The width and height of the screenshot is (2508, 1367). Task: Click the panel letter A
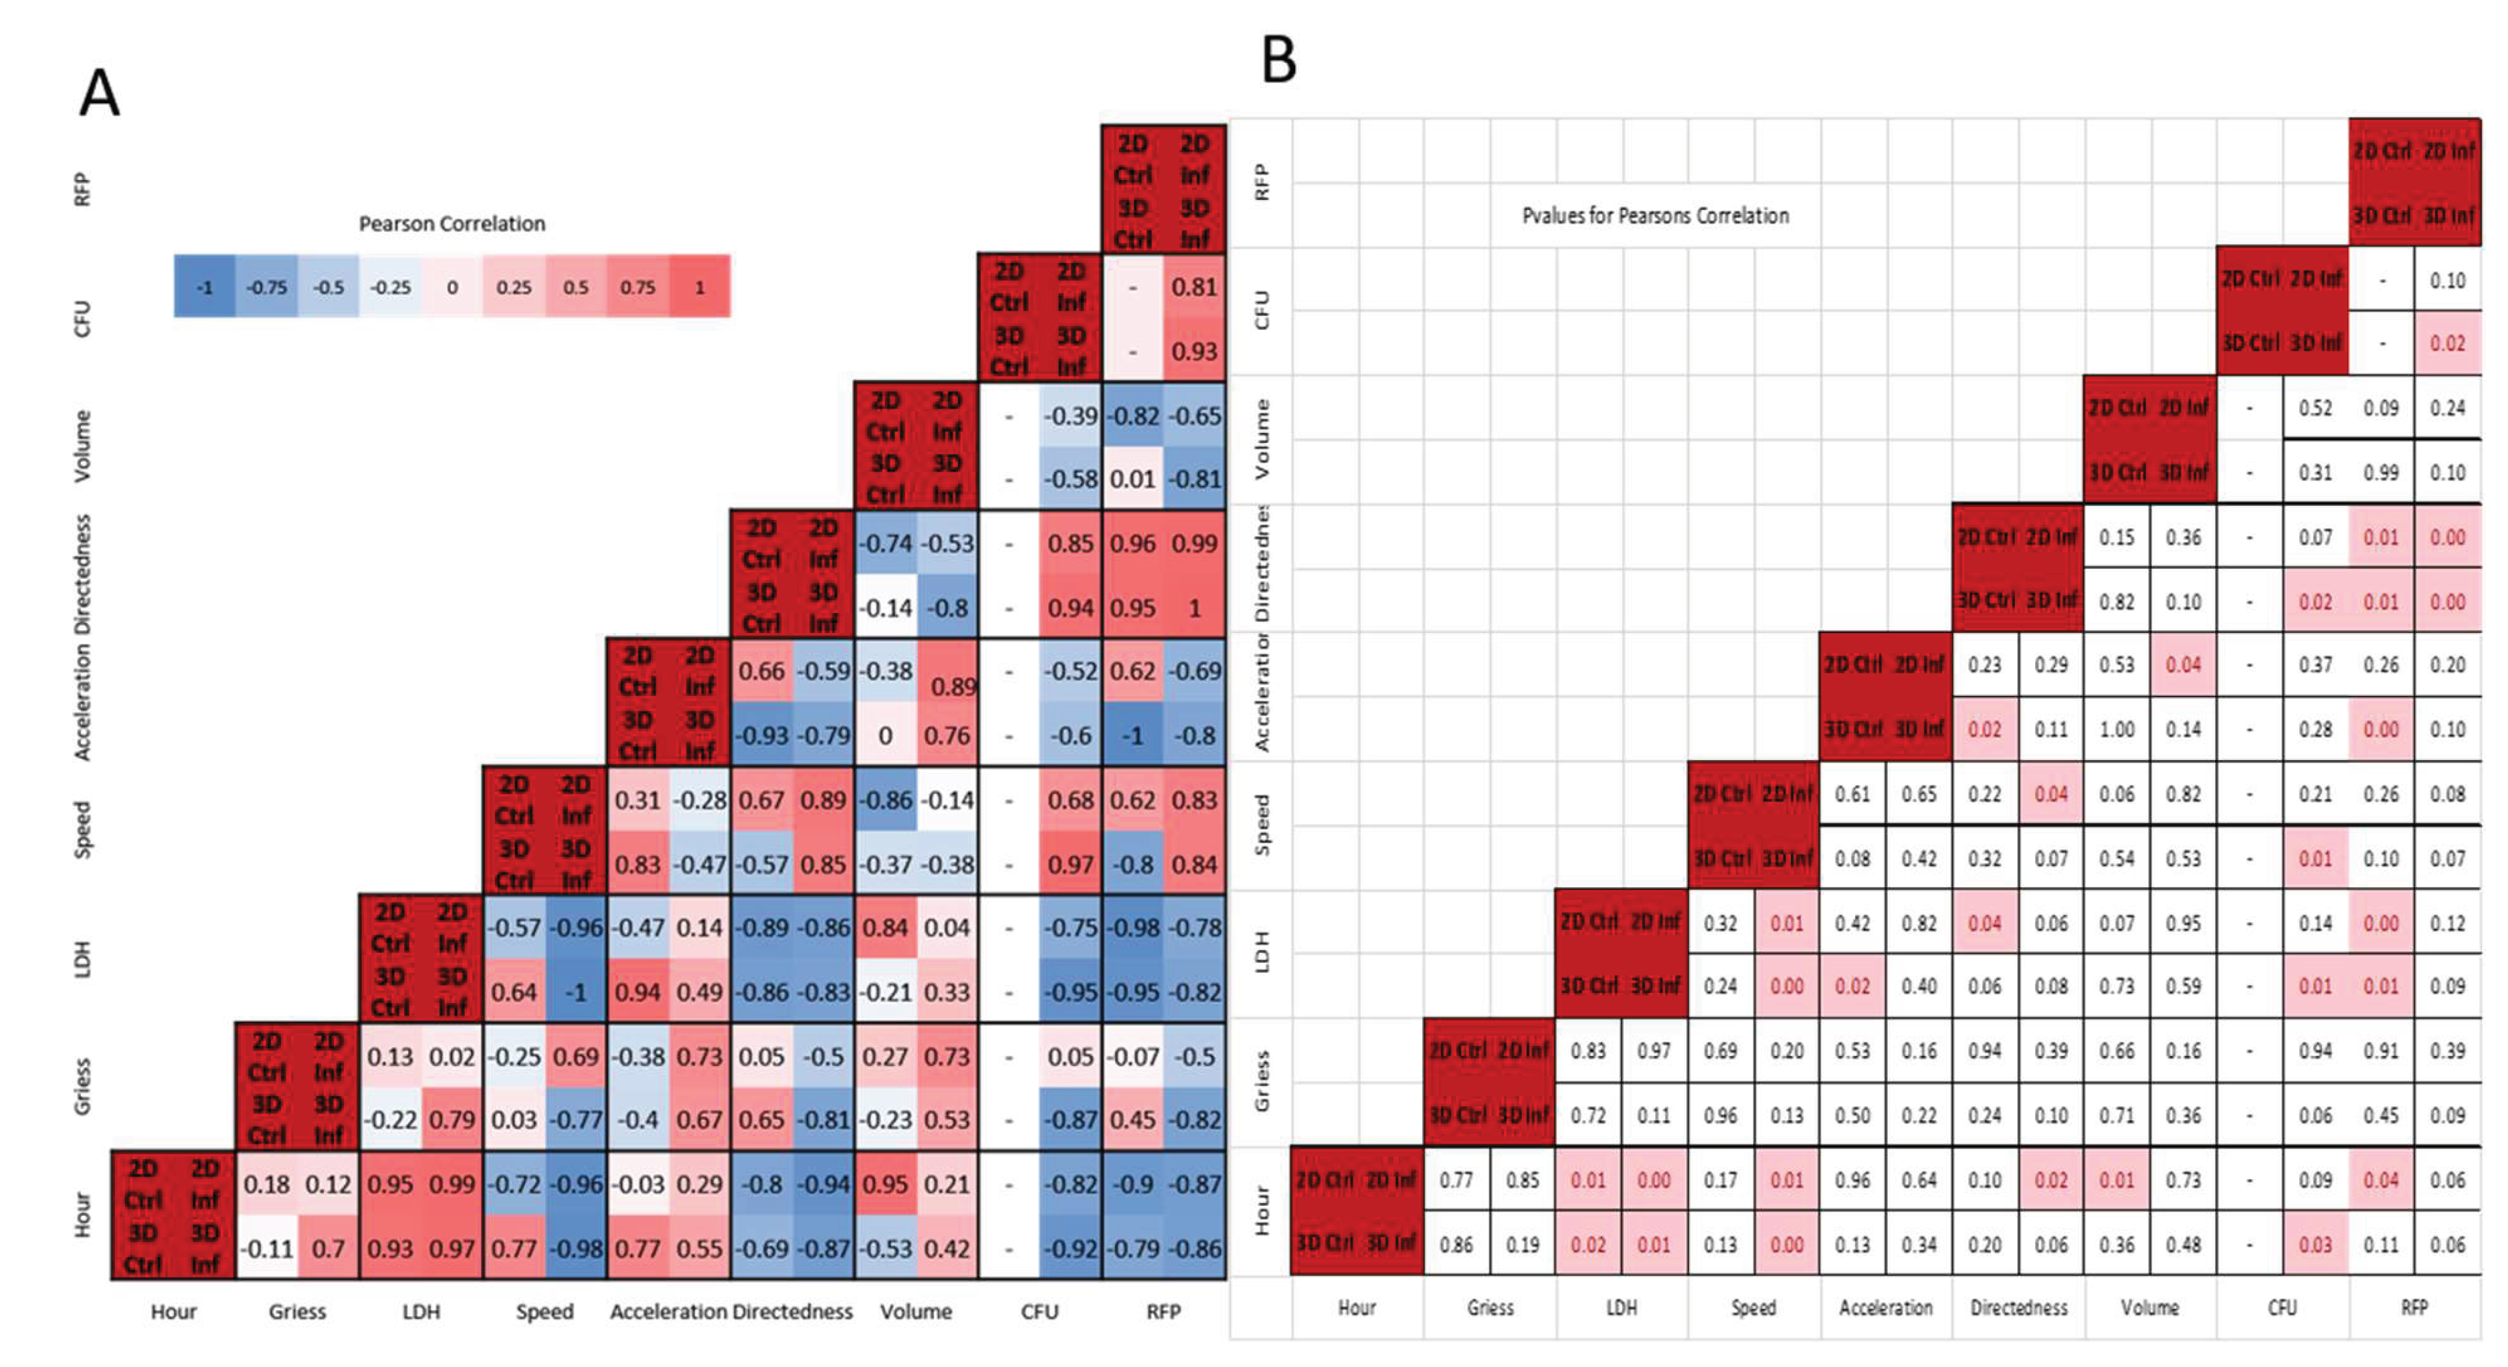click(x=99, y=94)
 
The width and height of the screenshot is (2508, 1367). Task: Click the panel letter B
click(x=1278, y=60)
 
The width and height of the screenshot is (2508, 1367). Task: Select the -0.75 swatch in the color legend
click(x=266, y=287)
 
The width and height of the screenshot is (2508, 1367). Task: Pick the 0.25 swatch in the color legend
click(x=513, y=287)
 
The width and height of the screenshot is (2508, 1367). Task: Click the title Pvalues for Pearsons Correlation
click(x=1654, y=215)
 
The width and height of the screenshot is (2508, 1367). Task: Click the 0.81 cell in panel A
click(x=1193, y=287)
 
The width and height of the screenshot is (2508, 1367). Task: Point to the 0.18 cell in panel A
click(x=266, y=1184)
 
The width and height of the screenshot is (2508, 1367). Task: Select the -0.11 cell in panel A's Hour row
click(x=266, y=1248)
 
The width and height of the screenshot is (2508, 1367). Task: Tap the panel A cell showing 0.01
click(x=1133, y=479)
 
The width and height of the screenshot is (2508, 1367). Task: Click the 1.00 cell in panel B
click(x=2117, y=729)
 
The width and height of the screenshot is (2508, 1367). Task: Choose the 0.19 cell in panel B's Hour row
click(x=1522, y=1245)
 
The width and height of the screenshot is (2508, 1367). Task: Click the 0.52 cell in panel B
click(x=2315, y=408)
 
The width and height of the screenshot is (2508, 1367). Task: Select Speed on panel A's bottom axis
click(x=545, y=1311)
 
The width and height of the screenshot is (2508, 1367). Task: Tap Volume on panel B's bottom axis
click(x=2149, y=1307)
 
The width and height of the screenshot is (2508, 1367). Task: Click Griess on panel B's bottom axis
click(x=1490, y=1307)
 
